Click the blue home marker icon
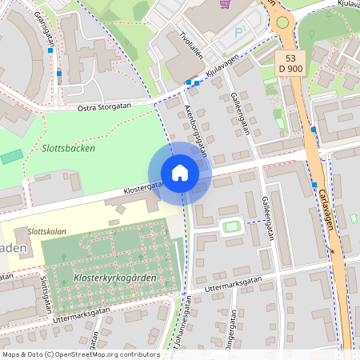[x=180, y=173]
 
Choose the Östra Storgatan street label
[x=104, y=106]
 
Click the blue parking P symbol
[x=238, y=34]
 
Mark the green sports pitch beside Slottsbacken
[x=11, y=156]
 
